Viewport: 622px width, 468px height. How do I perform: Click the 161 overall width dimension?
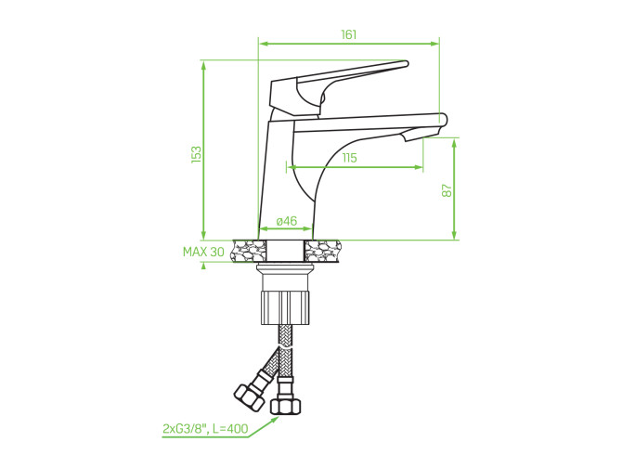tap(349, 35)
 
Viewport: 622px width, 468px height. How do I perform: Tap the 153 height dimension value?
tap(197, 155)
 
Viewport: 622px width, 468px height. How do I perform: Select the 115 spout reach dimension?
tap(349, 158)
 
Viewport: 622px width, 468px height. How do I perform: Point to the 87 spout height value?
tap(447, 190)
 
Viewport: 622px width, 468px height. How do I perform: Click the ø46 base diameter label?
tap(287, 221)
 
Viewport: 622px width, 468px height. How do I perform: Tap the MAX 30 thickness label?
tap(203, 252)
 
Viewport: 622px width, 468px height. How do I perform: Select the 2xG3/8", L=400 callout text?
tap(205, 428)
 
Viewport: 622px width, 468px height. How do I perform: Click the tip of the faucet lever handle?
tap(407, 63)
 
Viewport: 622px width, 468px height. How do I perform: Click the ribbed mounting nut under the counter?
tap(285, 307)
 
